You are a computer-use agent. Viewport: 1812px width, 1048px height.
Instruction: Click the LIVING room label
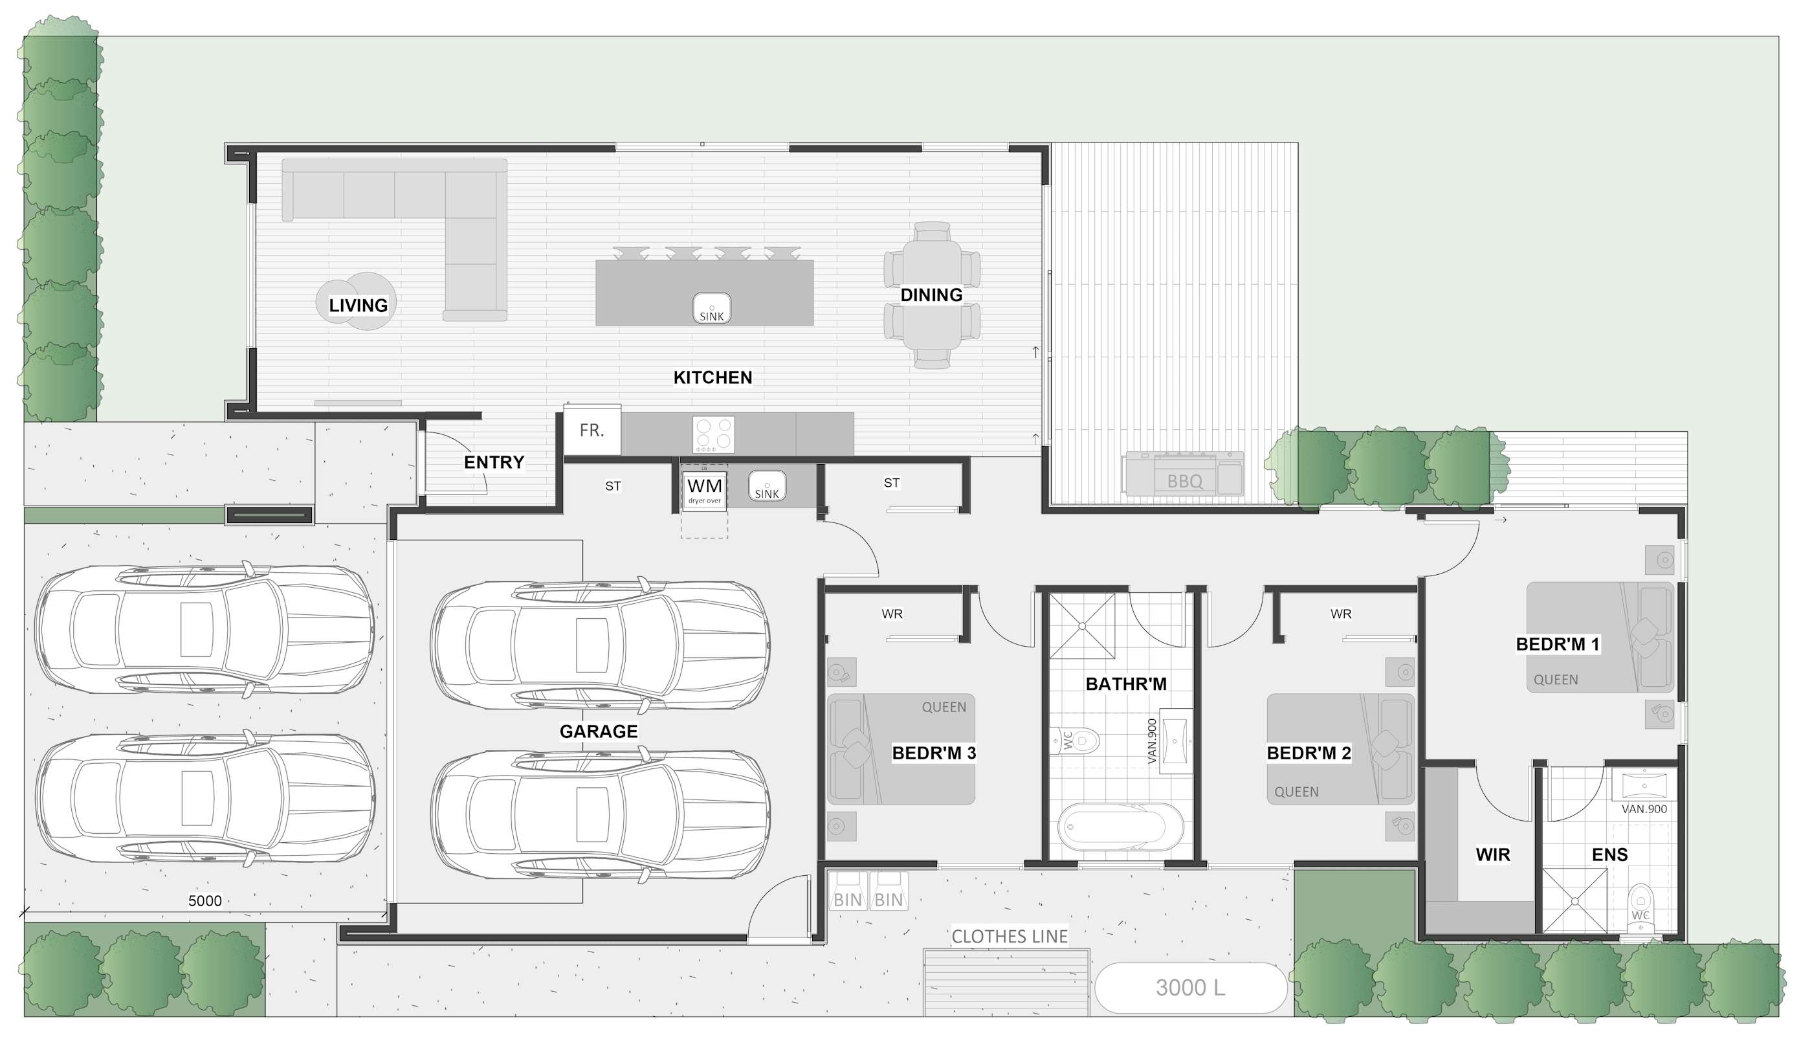pos(358,306)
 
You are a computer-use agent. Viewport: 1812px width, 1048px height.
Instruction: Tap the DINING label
pos(931,295)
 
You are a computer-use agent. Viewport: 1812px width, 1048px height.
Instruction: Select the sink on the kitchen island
pos(712,309)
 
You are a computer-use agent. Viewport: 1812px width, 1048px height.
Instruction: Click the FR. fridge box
pos(591,430)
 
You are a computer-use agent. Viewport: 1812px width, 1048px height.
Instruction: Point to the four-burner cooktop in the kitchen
pos(713,434)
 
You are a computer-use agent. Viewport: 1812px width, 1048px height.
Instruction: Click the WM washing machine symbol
pos(705,489)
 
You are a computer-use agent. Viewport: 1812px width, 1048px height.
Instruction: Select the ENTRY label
pos(494,462)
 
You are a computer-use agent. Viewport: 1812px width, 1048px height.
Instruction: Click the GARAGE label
pos(598,731)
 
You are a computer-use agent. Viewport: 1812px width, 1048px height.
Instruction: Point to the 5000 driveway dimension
pos(205,900)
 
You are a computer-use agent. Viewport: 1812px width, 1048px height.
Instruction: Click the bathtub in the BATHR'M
pos(1120,827)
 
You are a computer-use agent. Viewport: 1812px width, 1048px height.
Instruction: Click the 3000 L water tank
pos(1191,988)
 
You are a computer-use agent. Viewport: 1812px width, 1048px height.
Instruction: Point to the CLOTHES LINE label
pos(1010,937)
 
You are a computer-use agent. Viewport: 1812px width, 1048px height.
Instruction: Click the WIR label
pos(1493,854)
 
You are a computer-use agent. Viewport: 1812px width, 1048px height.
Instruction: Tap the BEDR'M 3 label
pos(934,753)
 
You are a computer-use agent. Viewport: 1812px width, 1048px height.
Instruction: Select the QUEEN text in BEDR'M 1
pos(1556,680)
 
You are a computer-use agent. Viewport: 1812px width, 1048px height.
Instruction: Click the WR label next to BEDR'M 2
pos(1341,614)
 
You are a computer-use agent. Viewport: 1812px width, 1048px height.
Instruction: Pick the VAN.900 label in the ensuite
pos(1644,809)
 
